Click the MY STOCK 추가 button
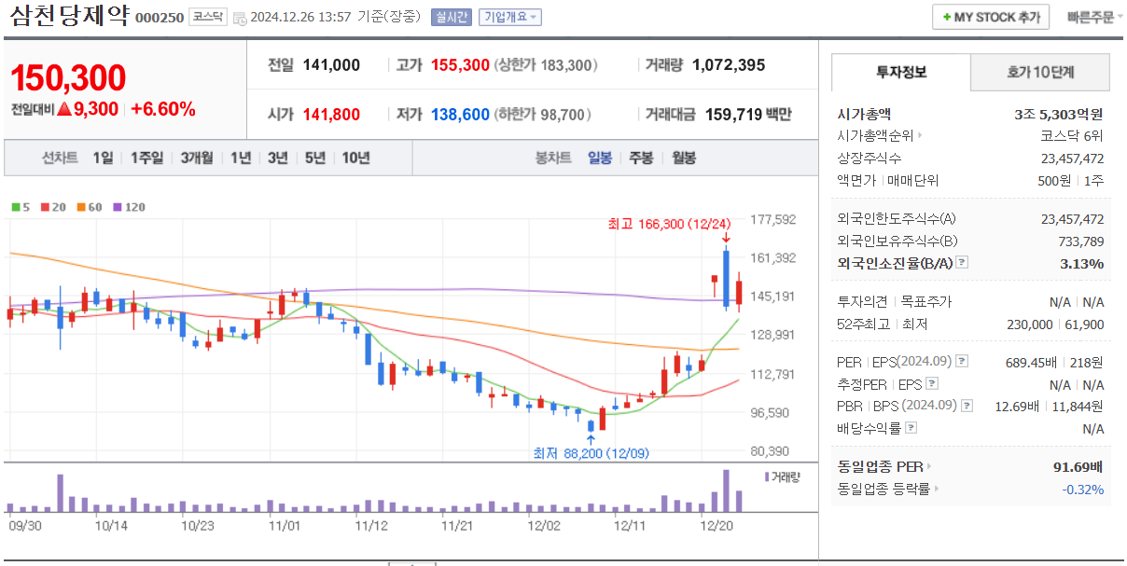point(991,17)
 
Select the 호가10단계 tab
point(1040,72)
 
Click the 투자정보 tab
point(900,72)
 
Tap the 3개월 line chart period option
point(197,158)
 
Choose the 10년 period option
point(355,158)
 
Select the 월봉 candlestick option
point(684,158)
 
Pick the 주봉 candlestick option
point(641,158)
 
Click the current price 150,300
point(68,79)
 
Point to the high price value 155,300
point(460,65)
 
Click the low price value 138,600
point(460,115)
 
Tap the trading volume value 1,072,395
point(729,65)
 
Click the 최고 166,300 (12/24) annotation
point(669,224)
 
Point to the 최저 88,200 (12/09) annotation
point(591,453)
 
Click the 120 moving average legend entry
point(130,207)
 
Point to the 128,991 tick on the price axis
point(772,335)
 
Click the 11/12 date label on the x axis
point(371,525)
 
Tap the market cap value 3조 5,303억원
point(1058,115)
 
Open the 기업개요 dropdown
point(509,17)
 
